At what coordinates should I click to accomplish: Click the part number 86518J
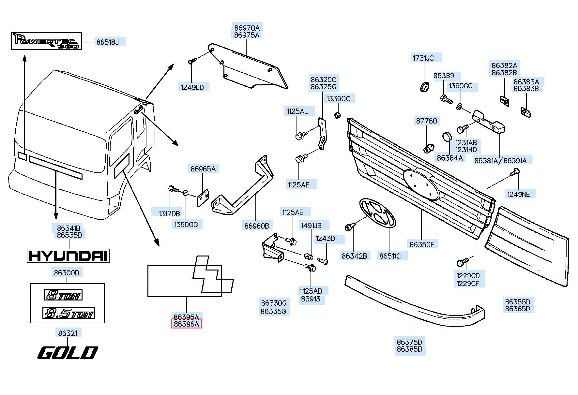click(x=108, y=42)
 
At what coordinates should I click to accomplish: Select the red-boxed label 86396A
click(x=187, y=324)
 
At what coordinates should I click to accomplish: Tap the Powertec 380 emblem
click(x=46, y=41)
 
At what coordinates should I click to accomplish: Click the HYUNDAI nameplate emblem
click(x=68, y=256)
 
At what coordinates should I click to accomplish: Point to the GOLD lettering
click(x=68, y=353)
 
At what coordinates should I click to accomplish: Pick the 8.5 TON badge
click(x=68, y=313)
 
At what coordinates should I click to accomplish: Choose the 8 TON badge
click(x=63, y=295)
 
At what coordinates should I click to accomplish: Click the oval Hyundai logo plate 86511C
click(x=377, y=213)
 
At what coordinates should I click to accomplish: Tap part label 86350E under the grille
click(x=422, y=244)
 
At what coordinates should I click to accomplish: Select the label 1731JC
click(x=423, y=58)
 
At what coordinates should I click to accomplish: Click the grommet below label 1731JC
click(x=424, y=87)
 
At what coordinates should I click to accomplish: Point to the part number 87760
click(x=426, y=121)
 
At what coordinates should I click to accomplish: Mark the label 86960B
click(x=257, y=226)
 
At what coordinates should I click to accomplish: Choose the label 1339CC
click(x=338, y=99)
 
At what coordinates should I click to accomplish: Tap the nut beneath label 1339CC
click(x=338, y=115)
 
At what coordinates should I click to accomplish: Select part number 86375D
click(x=409, y=342)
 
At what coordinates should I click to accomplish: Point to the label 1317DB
click(x=169, y=214)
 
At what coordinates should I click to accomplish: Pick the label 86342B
click(x=354, y=256)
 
